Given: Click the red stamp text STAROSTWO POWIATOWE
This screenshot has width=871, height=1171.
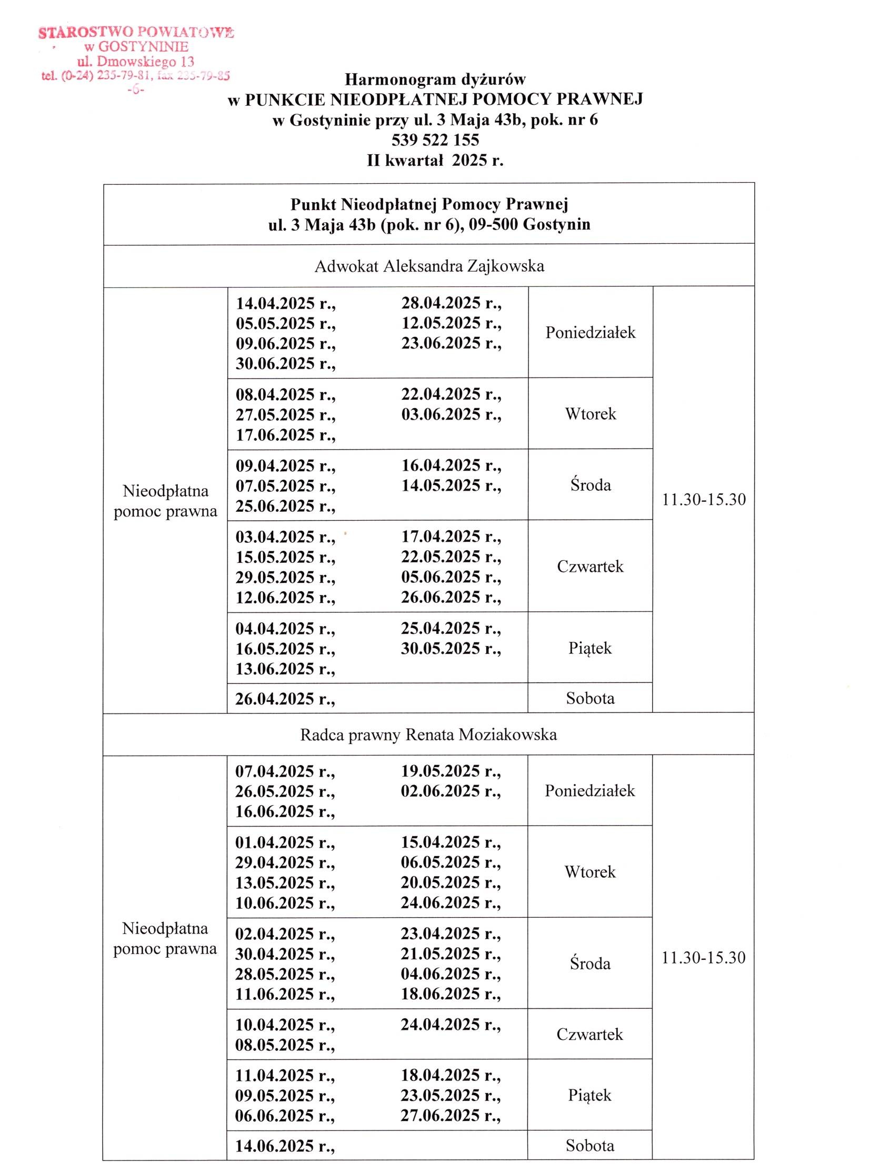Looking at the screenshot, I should click(x=136, y=33).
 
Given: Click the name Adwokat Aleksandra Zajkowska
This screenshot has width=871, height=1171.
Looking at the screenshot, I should click(x=429, y=266).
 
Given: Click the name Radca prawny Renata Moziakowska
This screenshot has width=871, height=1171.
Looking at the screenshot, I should click(x=428, y=735).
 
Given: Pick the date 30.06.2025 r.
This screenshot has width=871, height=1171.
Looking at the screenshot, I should click(x=285, y=363).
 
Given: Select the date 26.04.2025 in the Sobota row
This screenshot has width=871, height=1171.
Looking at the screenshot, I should click(x=285, y=699).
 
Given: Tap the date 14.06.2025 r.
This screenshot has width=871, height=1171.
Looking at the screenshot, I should click(x=285, y=1146).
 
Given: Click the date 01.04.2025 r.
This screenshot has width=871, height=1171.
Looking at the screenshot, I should click(x=285, y=842).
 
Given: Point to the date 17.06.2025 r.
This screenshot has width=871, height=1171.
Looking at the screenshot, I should click(x=285, y=435).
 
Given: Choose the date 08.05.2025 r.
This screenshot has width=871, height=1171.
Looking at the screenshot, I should click(x=285, y=1045).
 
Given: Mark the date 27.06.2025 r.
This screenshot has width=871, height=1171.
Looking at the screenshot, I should click(x=450, y=1116).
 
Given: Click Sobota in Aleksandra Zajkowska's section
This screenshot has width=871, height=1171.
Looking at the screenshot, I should click(x=590, y=698).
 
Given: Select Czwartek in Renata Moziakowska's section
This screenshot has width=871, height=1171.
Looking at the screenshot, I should click(x=589, y=1035).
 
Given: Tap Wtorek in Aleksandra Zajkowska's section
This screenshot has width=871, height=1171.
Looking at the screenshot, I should click(x=590, y=413).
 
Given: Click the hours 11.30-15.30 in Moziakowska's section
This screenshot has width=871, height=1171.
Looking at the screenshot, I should click(x=703, y=957).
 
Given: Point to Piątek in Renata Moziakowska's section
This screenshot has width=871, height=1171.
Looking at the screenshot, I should click(x=589, y=1095).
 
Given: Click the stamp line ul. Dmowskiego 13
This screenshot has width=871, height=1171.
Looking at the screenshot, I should click(x=135, y=62).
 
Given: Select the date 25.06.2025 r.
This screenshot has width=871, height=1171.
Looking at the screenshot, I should click(x=285, y=507).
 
